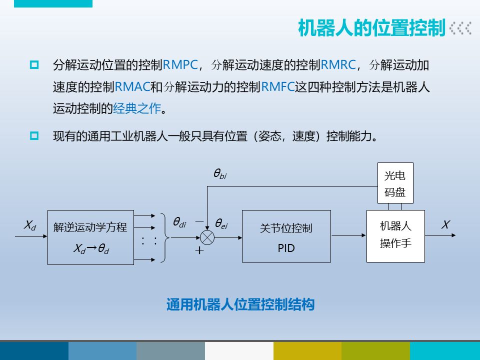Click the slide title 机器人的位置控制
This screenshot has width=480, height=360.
point(371,28)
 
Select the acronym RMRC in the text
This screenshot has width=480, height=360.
point(338,64)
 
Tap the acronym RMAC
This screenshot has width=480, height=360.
point(132,86)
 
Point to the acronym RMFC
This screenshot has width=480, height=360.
point(278,86)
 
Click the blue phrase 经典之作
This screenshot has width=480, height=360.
point(136,108)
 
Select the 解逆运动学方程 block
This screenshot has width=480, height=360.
point(90,237)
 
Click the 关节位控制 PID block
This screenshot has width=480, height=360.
point(286,236)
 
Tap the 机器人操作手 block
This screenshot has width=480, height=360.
point(395,236)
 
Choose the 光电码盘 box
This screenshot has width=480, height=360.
point(394,184)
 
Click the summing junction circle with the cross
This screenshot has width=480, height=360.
point(207,237)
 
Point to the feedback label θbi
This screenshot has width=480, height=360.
point(220,174)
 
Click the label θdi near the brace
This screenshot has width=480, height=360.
point(179,222)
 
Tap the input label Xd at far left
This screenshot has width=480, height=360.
point(30,225)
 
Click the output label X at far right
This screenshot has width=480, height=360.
point(445,225)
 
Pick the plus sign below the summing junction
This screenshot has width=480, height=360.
point(199,251)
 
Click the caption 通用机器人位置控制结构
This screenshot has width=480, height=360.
point(240,304)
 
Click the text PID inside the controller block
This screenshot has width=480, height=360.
point(286,247)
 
